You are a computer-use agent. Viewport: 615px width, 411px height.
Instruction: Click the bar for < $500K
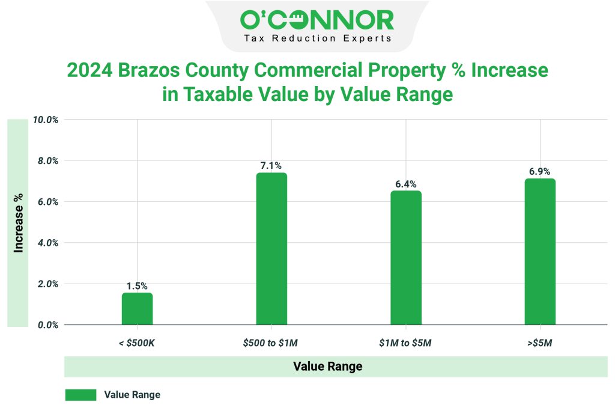[137, 309]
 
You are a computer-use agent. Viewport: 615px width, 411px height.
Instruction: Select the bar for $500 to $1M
[271, 249]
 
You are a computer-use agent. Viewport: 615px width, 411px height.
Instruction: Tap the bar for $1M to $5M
[406, 258]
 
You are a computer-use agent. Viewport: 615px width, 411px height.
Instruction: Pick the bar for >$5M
[540, 252]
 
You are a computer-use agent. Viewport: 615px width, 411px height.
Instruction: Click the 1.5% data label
[137, 286]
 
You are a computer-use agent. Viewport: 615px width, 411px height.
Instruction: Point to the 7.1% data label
[271, 165]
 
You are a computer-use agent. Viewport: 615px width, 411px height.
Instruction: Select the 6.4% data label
[405, 184]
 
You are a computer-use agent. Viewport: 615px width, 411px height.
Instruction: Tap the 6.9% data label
[540, 171]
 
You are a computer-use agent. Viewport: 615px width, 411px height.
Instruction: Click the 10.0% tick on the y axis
[46, 120]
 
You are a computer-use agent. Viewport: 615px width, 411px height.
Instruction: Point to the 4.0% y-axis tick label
[46, 243]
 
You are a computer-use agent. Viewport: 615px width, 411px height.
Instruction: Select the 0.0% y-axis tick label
[46, 325]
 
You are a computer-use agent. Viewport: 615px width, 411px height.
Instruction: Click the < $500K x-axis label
[137, 342]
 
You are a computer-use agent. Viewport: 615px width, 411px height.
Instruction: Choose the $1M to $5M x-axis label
[405, 342]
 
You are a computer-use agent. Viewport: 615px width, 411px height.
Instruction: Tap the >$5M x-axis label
[540, 342]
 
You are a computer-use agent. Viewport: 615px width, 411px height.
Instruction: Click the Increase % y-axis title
[19, 222]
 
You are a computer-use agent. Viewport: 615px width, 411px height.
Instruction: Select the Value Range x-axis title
[327, 367]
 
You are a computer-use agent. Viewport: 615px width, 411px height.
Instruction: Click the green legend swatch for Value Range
[80, 395]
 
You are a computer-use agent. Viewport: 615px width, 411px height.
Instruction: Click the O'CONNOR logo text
[317, 20]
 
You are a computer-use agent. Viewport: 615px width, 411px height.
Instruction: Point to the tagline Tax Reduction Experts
[317, 38]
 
